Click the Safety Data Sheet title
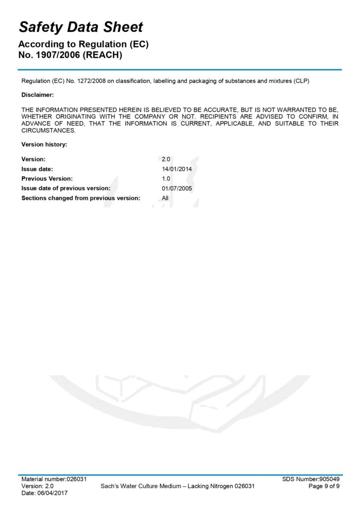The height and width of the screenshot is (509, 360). point(81,27)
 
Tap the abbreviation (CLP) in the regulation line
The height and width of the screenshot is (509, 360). point(301,82)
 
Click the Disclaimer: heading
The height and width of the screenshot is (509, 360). point(38,94)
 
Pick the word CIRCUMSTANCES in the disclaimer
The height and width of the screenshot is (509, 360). point(48,131)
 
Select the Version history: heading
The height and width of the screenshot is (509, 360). point(44,145)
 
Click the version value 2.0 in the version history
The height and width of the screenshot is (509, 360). point(166,159)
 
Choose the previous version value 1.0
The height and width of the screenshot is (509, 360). point(166,178)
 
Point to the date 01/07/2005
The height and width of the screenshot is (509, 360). point(177,188)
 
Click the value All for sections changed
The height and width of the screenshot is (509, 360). point(165,198)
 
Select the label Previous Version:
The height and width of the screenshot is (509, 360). point(47,178)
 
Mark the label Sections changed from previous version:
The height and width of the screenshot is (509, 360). point(81,198)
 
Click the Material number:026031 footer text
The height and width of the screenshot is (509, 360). point(54,479)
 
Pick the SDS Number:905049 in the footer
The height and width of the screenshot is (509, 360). point(311,479)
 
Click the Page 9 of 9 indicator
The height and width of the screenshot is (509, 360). point(324,486)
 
